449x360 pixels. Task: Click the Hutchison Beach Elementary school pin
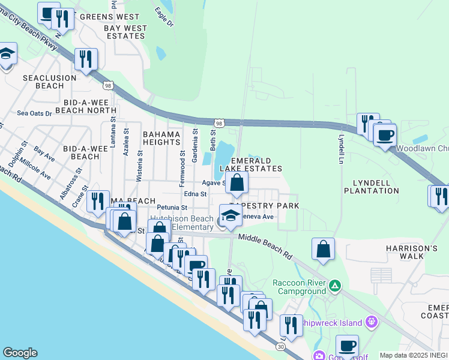pos(231,216)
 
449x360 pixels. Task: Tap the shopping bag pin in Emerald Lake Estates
pos(237,182)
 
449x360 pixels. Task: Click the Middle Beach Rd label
pos(265,246)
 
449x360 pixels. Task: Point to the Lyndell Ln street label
pos(341,142)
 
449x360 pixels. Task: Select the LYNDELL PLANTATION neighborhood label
pos(372,186)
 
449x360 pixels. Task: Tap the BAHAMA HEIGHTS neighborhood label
pos(161,137)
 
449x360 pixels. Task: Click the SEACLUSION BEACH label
pos(49,82)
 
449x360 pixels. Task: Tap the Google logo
pos(20,353)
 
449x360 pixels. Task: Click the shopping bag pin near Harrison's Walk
pos(323,249)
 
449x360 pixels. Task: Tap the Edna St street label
pos(196,194)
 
